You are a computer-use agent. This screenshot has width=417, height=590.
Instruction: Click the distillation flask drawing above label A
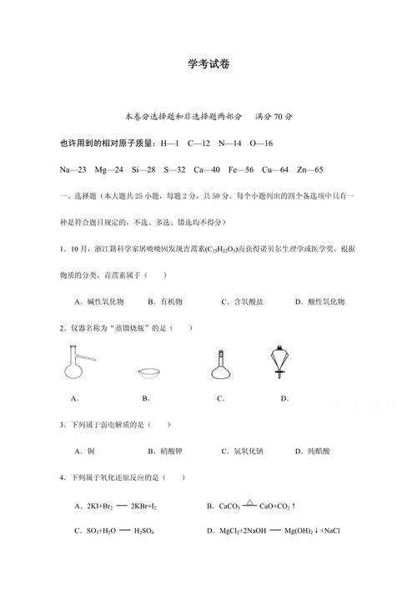(78, 366)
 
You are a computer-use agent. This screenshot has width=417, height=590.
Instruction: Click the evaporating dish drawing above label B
(149, 372)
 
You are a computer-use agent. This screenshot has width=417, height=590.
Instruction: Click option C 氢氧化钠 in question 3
(246, 451)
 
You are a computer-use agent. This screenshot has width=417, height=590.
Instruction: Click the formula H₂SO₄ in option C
(143, 531)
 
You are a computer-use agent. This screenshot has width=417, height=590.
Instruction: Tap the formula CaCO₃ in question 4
(229, 506)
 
